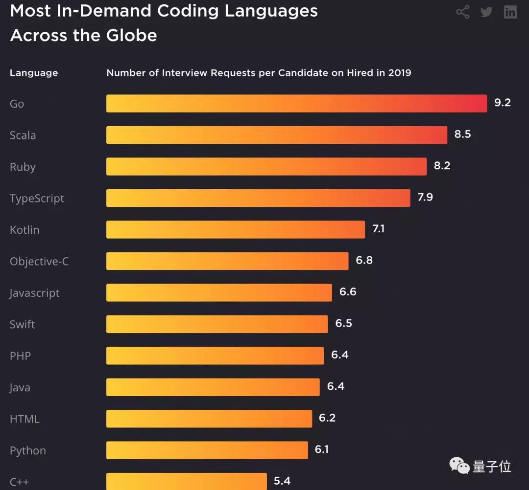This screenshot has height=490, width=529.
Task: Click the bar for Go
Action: pos(296,104)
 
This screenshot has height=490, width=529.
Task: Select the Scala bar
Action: pos(277,135)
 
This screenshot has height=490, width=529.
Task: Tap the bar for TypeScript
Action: pos(258,198)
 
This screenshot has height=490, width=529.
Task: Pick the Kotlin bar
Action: pos(236,229)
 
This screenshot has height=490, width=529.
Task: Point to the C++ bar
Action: pos(187,481)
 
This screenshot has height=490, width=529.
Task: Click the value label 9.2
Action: pos(502,103)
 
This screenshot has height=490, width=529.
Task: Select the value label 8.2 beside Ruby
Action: pos(442,166)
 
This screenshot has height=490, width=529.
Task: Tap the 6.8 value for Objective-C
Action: pos(364,260)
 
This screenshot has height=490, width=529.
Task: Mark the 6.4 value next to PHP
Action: pos(339,355)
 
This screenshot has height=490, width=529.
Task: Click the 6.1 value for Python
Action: pos(321,449)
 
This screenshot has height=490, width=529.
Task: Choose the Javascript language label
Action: pos(34,293)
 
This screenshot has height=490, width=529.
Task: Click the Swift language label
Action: pos(23,324)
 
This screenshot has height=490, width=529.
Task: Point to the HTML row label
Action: pos(24,419)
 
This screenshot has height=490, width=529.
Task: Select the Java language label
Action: pos(20,388)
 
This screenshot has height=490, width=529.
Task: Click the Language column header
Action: pos(34,73)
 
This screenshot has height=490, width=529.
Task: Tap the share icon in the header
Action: pos(462,12)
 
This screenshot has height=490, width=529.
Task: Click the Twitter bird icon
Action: pos(486,12)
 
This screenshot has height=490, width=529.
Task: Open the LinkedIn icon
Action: pos(510,12)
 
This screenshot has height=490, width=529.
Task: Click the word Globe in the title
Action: pos(133,35)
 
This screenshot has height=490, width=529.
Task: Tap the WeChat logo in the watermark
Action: pos(459,466)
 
